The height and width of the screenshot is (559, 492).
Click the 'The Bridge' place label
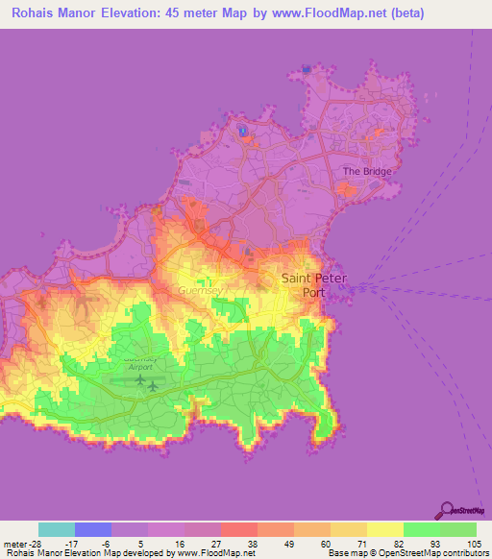click(x=368, y=171)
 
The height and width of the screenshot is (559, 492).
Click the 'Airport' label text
click(x=141, y=367)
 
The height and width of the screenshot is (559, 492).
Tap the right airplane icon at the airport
click(x=153, y=386)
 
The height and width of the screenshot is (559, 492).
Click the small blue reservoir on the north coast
click(x=243, y=131)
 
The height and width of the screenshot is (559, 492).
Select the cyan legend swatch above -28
click(x=57, y=529)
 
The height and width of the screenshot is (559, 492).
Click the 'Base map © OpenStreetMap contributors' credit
click(x=406, y=553)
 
